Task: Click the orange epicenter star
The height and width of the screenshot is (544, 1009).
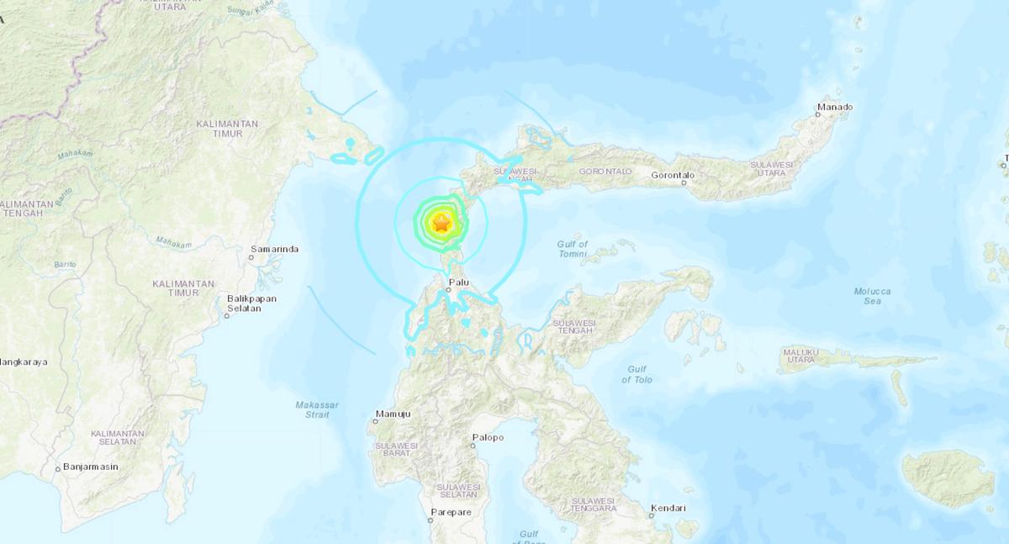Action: (x=441, y=222)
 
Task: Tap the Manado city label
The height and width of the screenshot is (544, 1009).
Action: (x=835, y=107)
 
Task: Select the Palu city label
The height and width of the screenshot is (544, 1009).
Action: (x=458, y=283)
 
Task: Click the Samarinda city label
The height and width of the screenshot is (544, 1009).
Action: (x=274, y=250)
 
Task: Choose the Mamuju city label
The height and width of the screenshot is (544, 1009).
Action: (x=392, y=415)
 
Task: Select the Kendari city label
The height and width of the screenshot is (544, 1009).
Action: (x=668, y=508)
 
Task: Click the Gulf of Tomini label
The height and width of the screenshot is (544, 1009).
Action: (x=572, y=249)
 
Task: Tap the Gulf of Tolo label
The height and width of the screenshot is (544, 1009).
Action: (x=637, y=374)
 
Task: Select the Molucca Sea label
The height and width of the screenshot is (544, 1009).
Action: (x=872, y=296)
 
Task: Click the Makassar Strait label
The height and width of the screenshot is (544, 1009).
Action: (x=317, y=409)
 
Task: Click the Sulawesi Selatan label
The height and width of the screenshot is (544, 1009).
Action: (x=457, y=491)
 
